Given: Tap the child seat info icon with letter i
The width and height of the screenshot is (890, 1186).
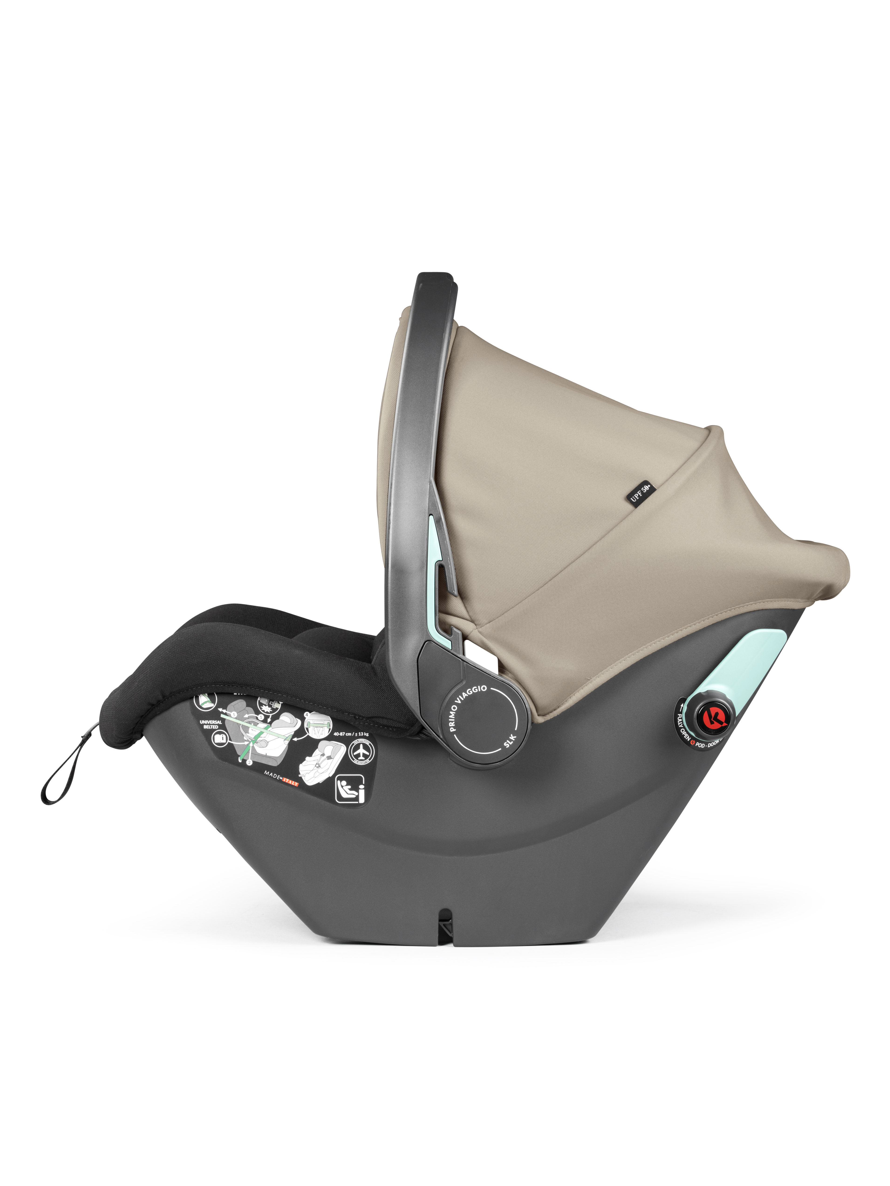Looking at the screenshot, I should [350, 789].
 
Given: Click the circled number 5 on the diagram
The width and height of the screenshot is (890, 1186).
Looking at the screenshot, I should [234, 714].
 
